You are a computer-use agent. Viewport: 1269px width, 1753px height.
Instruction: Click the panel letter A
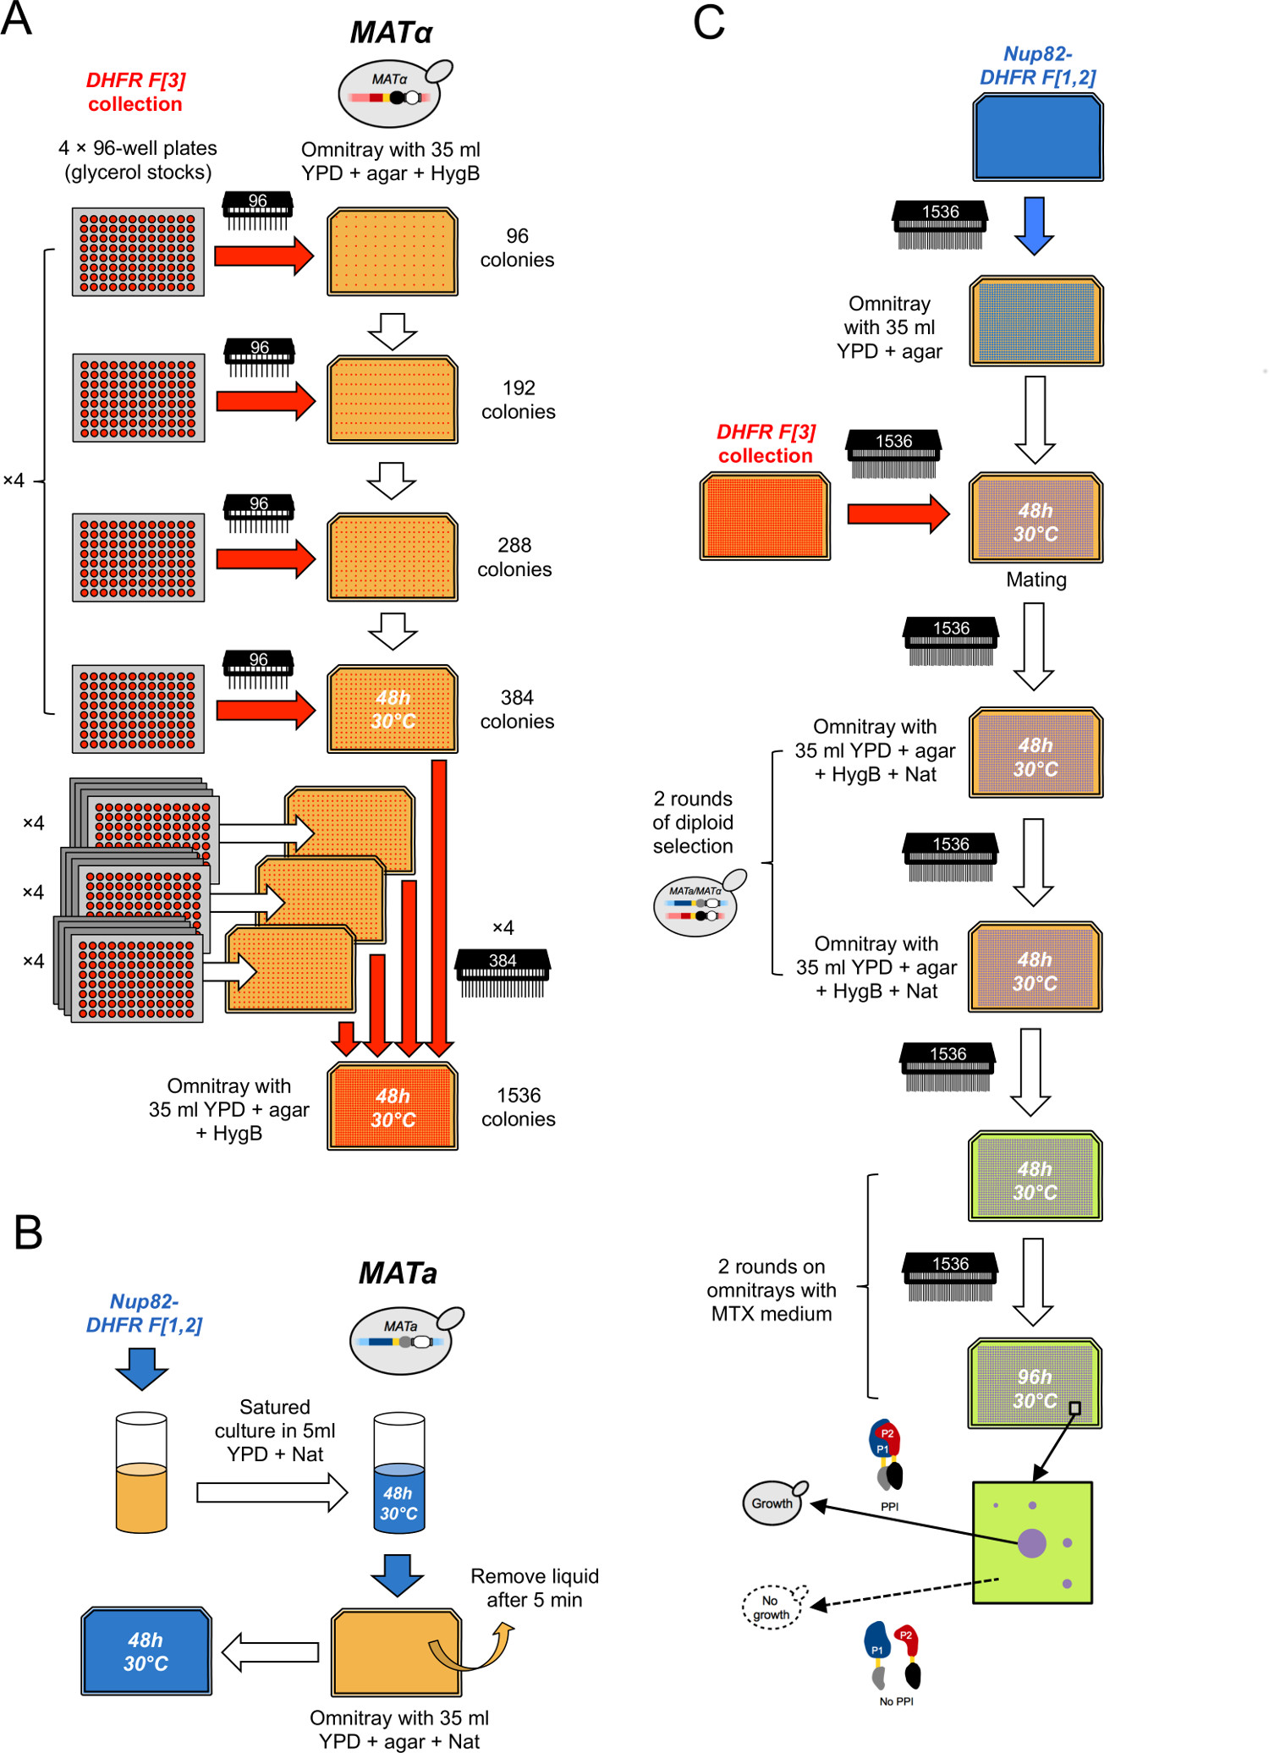click(16, 19)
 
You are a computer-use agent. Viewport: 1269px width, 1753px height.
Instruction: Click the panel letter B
click(28, 1233)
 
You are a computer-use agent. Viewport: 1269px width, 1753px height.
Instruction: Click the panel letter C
click(709, 22)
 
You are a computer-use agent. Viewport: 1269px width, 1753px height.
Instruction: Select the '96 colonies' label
click(517, 248)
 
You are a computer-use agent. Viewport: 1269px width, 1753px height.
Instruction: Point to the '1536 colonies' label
click(518, 1107)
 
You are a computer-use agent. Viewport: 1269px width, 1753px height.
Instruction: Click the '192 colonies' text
click(518, 399)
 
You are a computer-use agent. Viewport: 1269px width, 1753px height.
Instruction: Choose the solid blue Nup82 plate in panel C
click(1037, 137)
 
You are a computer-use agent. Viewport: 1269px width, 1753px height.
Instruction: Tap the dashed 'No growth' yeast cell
click(772, 1607)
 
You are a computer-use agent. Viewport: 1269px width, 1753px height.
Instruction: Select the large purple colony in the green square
click(1031, 1543)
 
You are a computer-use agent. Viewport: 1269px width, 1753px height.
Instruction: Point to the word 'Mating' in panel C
click(1036, 580)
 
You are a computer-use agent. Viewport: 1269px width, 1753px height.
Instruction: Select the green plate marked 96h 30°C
click(1035, 1383)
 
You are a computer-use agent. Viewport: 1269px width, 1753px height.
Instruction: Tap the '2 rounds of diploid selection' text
click(693, 822)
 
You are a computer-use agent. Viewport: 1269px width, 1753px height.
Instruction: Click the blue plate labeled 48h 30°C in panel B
click(146, 1651)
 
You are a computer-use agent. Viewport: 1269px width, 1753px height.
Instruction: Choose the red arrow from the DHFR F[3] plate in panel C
click(898, 514)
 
